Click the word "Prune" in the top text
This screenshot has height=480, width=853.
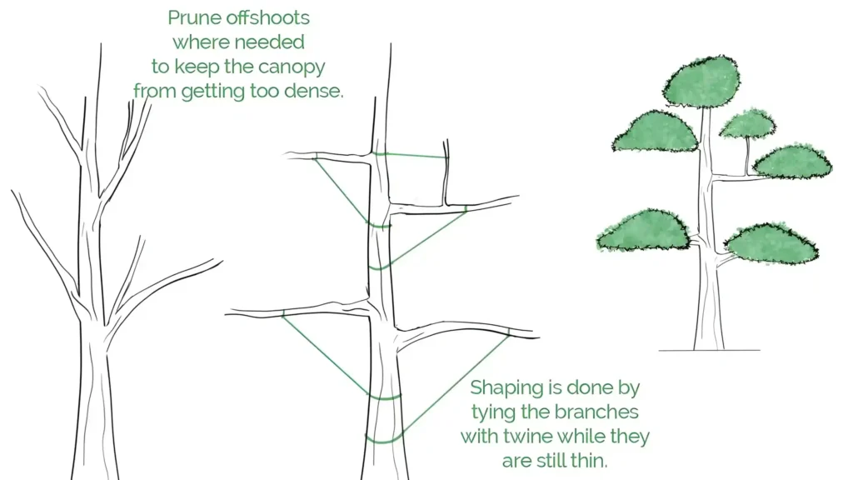point(193,18)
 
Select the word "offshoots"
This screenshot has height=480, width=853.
point(267,17)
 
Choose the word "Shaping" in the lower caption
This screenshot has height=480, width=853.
point(506,388)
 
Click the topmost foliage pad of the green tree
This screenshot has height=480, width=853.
point(701,81)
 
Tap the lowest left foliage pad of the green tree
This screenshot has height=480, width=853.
point(643,230)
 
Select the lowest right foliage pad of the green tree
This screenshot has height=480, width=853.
point(771,243)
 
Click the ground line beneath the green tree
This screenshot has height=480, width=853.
point(710,351)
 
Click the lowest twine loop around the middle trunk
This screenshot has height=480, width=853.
point(384,438)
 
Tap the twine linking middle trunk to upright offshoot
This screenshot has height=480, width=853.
point(412,156)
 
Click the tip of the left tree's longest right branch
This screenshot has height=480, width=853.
point(222,261)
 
